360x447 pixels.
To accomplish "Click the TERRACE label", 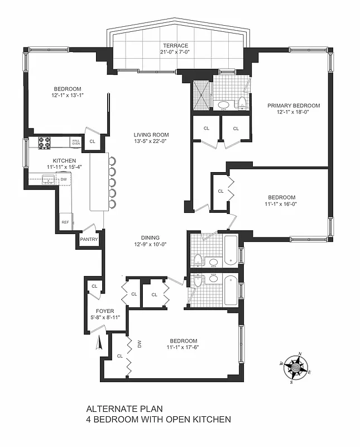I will (x=176, y=46).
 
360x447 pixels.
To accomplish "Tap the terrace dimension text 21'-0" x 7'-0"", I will (x=176, y=53).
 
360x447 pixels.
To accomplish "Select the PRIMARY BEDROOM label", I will (x=293, y=106).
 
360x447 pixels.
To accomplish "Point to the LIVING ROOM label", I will (x=151, y=135).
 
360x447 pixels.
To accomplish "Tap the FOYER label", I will (x=105, y=311).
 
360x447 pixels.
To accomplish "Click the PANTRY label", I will (x=89, y=239).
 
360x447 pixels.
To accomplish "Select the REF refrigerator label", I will (x=65, y=222).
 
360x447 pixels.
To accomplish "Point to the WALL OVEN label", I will (x=75, y=142).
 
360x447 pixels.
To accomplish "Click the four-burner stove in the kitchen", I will (x=44, y=143).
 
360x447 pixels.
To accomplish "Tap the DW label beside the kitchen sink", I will (x=64, y=179).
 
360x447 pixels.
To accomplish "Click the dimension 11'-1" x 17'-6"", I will (x=183, y=348).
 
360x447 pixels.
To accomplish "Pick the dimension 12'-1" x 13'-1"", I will (x=68, y=96).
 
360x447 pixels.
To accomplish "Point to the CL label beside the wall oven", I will (x=92, y=141).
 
